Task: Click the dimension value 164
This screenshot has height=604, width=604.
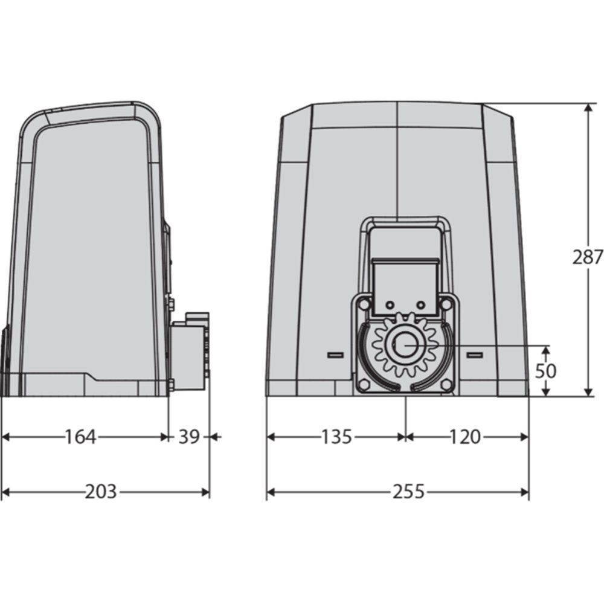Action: [80, 437]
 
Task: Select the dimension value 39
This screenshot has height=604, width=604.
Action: [188, 437]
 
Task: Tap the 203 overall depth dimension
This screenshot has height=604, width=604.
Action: [100, 492]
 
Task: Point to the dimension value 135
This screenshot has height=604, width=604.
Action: [336, 437]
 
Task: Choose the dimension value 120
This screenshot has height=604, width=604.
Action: [465, 437]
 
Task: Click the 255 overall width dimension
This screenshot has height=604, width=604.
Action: [408, 492]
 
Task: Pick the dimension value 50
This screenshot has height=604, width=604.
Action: [545, 371]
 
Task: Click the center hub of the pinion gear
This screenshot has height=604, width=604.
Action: [403, 344]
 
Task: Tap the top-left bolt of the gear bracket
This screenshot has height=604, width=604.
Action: [363, 304]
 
